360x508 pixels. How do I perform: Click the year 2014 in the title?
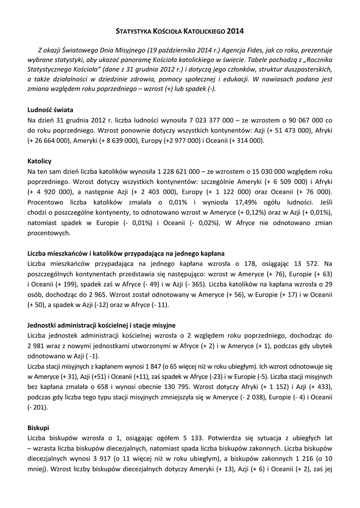tap(235, 31)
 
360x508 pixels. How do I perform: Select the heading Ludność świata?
tap(51, 110)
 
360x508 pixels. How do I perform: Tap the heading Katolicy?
tap(39, 161)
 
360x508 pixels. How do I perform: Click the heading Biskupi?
tap(38, 427)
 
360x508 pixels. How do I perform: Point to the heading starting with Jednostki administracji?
tap(102, 325)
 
